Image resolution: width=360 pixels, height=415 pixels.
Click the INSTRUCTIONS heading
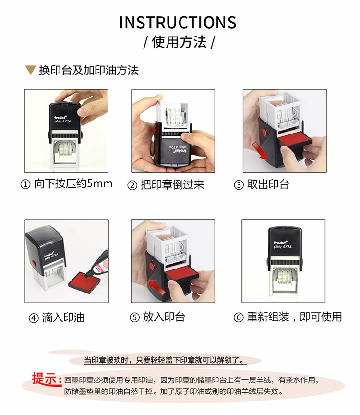[x=178, y=22]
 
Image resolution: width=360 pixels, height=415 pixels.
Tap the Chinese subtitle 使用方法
[x=179, y=42]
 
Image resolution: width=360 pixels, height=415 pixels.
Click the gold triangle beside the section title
[x=30, y=70]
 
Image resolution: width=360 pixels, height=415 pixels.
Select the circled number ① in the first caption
[x=25, y=184]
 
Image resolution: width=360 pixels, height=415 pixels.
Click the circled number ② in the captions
[x=132, y=185]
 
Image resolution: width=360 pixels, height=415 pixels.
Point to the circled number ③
[x=239, y=185]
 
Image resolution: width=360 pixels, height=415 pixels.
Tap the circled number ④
[x=34, y=318]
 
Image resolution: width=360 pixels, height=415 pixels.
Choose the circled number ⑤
[x=134, y=317]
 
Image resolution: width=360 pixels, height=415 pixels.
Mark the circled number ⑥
[x=239, y=317]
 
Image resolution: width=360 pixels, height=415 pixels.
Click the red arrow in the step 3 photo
[x=260, y=151]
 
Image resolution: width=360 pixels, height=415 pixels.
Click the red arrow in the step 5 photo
[x=157, y=287]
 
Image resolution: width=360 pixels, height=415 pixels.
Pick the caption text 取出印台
[x=268, y=184]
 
